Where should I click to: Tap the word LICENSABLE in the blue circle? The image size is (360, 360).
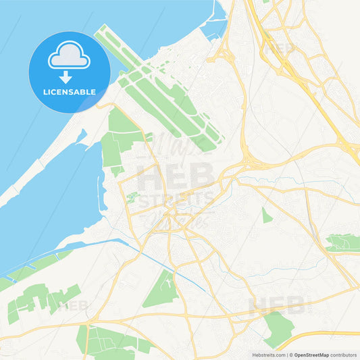coord(69,91)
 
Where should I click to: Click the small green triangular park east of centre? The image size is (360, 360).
coord(267,215)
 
